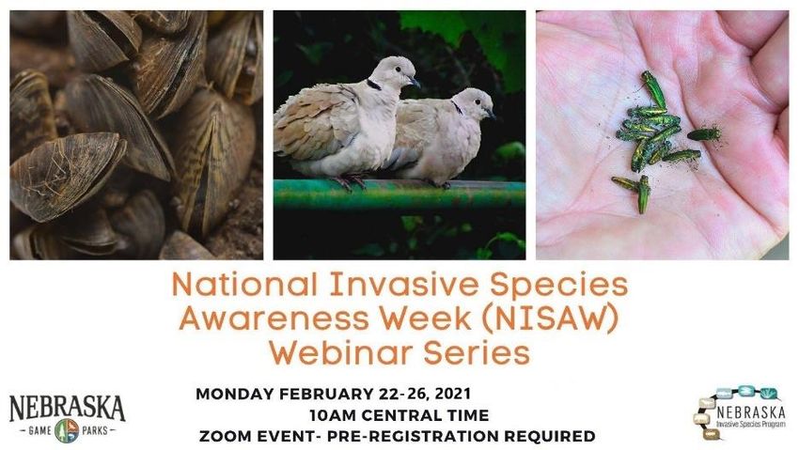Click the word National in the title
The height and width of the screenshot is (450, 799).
[x=244, y=285]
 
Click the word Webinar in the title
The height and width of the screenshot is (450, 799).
[x=340, y=353]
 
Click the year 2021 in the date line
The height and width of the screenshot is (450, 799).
[x=452, y=394]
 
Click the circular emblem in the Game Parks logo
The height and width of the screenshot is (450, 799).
[x=67, y=430]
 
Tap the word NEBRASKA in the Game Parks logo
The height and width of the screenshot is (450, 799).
[x=68, y=407]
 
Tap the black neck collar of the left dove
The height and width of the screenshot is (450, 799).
[x=373, y=85]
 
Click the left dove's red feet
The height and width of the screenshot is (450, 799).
[x=348, y=181]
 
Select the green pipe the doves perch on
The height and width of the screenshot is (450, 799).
[x=399, y=194]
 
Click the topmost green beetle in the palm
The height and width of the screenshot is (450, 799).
[x=653, y=88]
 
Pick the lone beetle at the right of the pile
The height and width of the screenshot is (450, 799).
[x=704, y=134]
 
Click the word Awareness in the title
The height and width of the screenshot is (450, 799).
[x=274, y=319]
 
